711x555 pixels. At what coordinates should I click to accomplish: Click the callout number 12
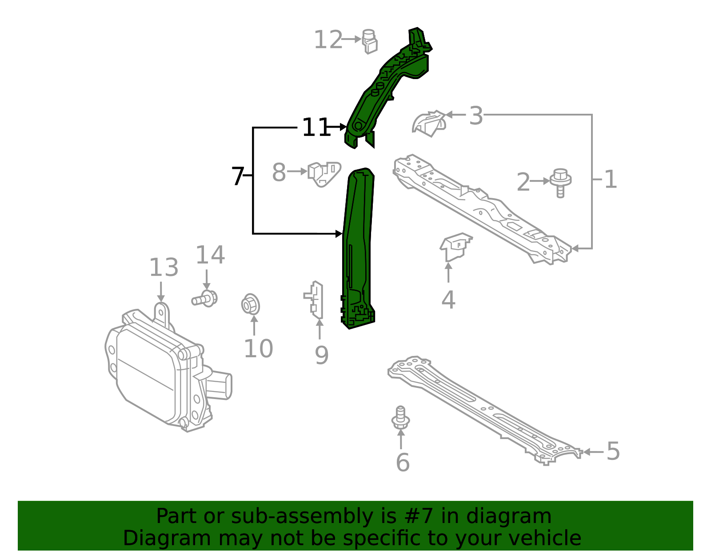328,40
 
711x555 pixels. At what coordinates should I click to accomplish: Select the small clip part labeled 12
370,42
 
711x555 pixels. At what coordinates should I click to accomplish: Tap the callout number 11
315,128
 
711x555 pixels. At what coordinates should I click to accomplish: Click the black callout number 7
238,176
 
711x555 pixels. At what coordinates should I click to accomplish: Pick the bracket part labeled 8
324,174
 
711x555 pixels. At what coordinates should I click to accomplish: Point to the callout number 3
476,116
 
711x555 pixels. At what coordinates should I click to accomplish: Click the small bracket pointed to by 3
429,123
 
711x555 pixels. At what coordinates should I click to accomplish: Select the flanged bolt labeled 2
560,182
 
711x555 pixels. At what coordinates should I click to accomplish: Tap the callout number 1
611,180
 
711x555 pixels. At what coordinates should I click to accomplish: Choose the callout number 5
613,451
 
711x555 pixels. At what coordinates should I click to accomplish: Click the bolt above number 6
400,417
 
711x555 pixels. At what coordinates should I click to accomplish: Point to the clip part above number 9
316,300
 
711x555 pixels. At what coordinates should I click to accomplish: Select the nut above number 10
250,305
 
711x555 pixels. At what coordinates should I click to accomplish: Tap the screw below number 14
205,299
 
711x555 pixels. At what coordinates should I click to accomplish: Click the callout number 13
164,268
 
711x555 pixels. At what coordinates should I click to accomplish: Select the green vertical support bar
358,249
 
